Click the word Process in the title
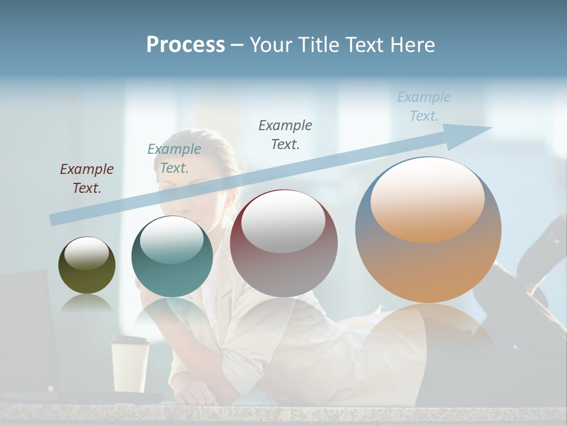pyautogui.click(x=185, y=45)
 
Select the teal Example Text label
pyautogui.click(x=174, y=159)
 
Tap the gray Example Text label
pyautogui.click(x=285, y=134)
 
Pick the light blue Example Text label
pyautogui.click(x=424, y=106)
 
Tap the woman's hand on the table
pyautogui.click(x=198, y=393)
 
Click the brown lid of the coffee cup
pyautogui.click(x=131, y=340)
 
